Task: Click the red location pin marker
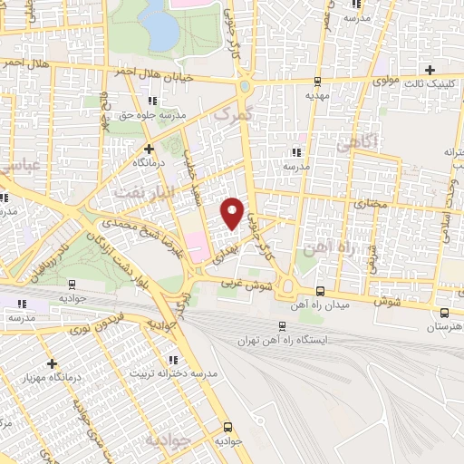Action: [x=233, y=211]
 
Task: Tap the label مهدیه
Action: [x=315, y=94]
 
